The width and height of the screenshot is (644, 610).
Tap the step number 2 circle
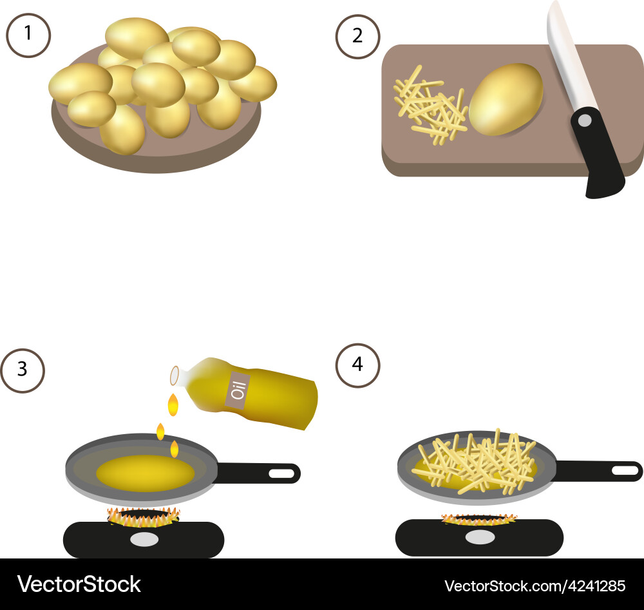[x=357, y=35]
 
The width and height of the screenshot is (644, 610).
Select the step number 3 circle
[x=23, y=370]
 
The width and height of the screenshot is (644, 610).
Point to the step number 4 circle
[x=357, y=365]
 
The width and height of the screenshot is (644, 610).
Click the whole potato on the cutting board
[x=506, y=100]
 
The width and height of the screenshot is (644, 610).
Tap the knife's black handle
[x=599, y=155]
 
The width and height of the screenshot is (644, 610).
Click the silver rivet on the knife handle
[x=585, y=120]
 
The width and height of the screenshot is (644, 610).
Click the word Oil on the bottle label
[x=238, y=390]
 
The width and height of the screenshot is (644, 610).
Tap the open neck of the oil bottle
[x=175, y=376]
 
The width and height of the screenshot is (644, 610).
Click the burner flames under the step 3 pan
[x=143, y=515]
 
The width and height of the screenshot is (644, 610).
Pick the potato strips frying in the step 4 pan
[x=477, y=461]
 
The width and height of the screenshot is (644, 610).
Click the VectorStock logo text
[x=79, y=584]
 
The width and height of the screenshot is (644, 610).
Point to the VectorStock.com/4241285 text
[x=535, y=586]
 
